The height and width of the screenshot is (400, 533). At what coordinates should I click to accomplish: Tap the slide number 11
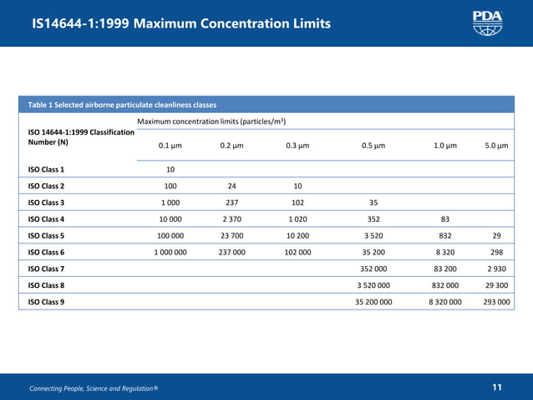(497, 387)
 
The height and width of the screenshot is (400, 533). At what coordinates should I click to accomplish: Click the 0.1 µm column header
(170, 146)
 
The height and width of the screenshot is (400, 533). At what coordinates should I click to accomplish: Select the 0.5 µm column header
(373, 146)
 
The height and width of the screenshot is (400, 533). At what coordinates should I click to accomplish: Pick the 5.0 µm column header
(496, 146)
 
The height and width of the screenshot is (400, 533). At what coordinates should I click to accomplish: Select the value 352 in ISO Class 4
(373, 219)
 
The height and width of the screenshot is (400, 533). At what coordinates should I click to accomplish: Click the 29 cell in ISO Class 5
(496, 236)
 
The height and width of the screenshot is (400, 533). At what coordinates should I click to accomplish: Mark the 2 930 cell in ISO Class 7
(496, 269)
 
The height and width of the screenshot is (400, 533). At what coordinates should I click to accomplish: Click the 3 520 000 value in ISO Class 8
(373, 285)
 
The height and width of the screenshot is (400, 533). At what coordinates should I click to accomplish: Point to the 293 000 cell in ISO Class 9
(496, 302)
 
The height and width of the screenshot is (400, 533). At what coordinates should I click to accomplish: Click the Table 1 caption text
(122, 105)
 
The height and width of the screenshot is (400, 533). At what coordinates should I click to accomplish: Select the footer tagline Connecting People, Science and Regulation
(94, 388)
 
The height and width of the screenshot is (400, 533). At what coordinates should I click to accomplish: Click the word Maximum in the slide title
(165, 23)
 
